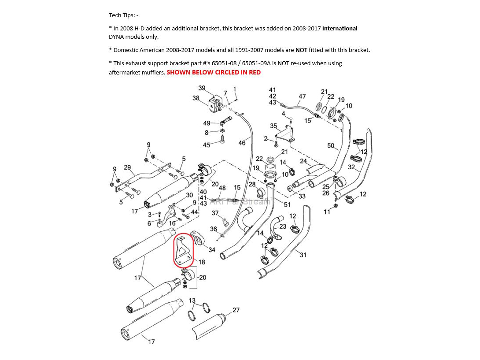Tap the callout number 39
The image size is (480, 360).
click(x=202, y=88)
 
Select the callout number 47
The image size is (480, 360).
click(x=302, y=96)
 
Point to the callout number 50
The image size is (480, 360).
click(x=331, y=145)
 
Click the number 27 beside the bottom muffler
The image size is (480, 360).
click(x=236, y=310)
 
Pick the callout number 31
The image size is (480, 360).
click(x=303, y=255)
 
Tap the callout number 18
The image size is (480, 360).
click(x=202, y=262)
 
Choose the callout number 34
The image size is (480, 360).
click(x=212, y=250)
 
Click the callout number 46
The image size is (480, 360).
click(x=242, y=143)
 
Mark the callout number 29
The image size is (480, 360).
click(x=127, y=167)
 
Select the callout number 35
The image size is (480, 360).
click(x=273, y=126)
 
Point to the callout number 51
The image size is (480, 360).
click(x=287, y=204)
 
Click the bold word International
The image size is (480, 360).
click(x=340, y=29)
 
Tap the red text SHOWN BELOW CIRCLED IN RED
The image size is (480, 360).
click(x=214, y=72)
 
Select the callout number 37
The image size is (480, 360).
click(x=215, y=213)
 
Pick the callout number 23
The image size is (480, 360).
click(x=283, y=226)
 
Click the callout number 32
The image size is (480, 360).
click(x=351, y=167)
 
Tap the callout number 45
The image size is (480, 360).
click(x=207, y=145)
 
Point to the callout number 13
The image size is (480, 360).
click(x=192, y=301)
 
